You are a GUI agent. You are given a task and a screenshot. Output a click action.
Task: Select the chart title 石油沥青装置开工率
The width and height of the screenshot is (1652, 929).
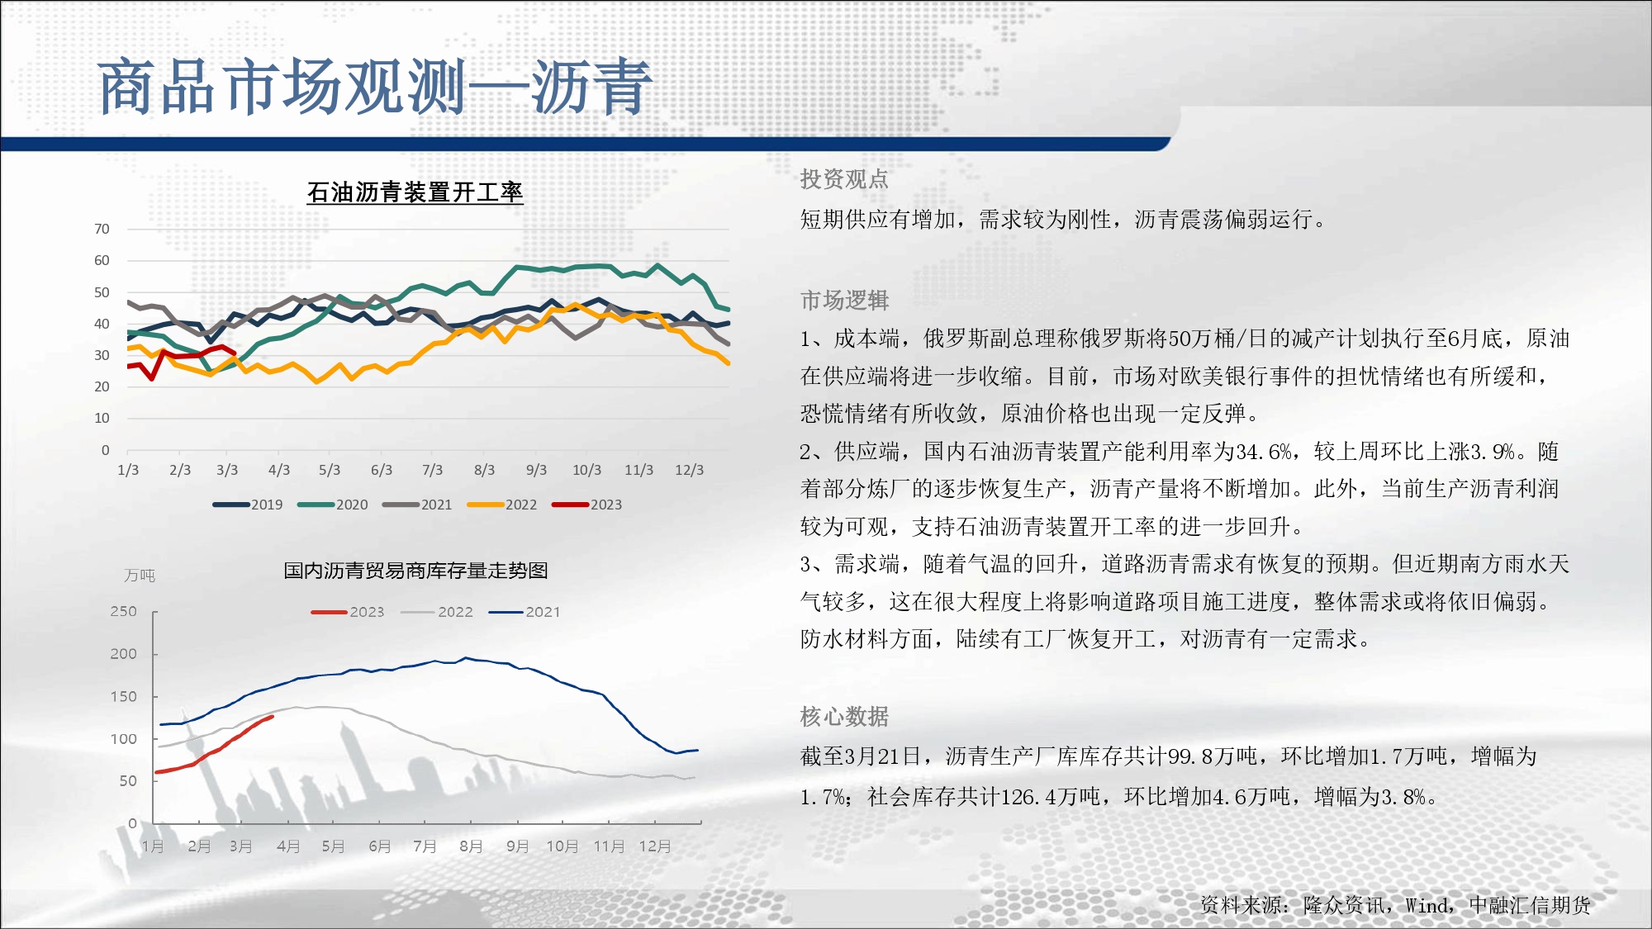pyautogui.click(x=415, y=192)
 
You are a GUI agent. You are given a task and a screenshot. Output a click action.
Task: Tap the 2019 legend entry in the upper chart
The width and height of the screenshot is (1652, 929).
pyautogui.click(x=248, y=505)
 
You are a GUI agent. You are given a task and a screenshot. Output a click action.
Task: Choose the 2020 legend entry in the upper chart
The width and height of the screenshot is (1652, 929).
pyautogui.click(x=333, y=505)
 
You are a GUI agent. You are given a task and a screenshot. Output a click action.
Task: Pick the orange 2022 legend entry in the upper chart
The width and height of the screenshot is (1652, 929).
pyautogui.click(x=502, y=505)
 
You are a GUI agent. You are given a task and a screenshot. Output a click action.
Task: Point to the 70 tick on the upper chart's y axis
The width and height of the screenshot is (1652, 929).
pyautogui.click(x=102, y=229)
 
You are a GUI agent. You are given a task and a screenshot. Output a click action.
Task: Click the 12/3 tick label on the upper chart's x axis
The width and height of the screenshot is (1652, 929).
pyautogui.click(x=689, y=470)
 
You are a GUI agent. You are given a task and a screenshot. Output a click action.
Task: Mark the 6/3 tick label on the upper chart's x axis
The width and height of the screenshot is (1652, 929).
pyautogui.click(x=382, y=470)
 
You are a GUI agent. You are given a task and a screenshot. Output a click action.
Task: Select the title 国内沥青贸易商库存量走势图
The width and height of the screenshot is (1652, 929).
pyautogui.click(x=415, y=571)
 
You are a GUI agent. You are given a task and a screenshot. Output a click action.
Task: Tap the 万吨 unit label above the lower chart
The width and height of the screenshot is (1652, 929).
pyautogui.click(x=140, y=576)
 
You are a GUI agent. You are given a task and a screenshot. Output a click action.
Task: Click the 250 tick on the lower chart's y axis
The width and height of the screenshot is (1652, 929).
pyautogui.click(x=124, y=611)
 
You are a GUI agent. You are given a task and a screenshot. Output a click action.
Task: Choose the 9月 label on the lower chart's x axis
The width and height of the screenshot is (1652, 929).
pyautogui.click(x=517, y=846)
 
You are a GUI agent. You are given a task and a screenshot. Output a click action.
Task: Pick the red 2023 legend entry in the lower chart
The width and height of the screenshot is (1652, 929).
pyautogui.click(x=348, y=612)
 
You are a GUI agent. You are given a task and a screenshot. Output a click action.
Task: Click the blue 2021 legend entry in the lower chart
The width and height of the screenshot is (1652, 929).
pyautogui.click(x=525, y=612)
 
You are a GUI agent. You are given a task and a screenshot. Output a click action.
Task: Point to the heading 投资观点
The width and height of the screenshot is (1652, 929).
pyautogui.click(x=844, y=179)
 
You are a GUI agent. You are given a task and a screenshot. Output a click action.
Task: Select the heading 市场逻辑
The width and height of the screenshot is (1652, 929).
pyautogui.click(x=844, y=300)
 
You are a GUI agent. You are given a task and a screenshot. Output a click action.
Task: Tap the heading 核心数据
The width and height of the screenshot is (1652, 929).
pyautogui.click(x=844, y=716)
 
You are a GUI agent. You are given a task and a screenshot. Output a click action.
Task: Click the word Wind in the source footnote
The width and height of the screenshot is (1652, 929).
pyautogui.click(x=1427, y=906)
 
